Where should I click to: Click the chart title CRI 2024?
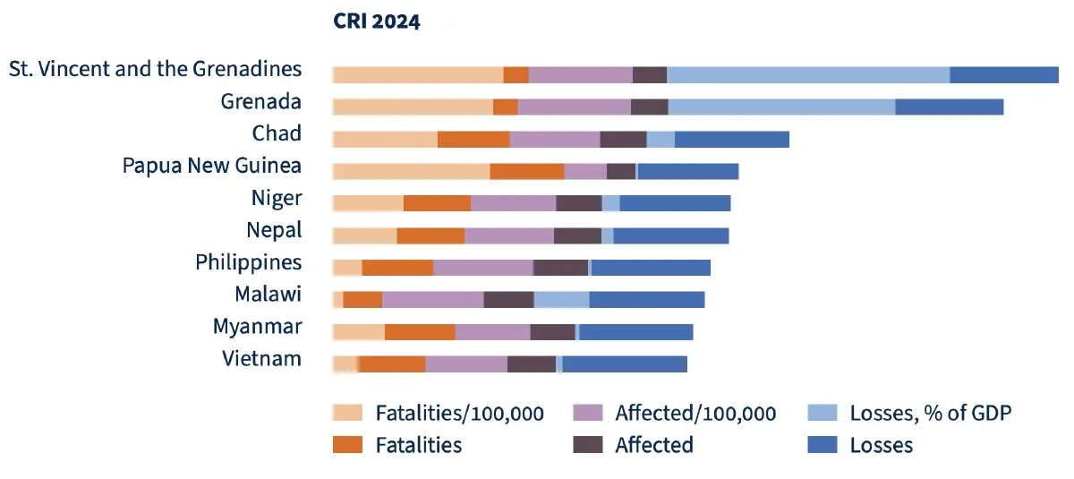(x=376, y=22)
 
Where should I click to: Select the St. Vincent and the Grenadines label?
(x=155, y=69)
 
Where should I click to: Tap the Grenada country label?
(x=260, y=101)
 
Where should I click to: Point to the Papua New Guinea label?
(x=211, y=166)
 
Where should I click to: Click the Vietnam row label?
(x=261, y=359)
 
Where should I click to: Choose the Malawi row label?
(x=268, y=295)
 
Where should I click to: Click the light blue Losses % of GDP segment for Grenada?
(x=781, y=107)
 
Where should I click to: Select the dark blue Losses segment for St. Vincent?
(x=1003, y=74)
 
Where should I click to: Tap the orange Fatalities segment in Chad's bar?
(x=473, y=139)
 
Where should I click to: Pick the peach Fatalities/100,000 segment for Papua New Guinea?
(x=411, y=171)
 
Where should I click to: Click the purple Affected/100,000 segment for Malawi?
(x=432, y=300)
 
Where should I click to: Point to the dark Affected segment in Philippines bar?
(x=560, y=268)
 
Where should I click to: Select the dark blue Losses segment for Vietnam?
(x=625, y=364)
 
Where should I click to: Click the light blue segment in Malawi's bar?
(x=561, y=300)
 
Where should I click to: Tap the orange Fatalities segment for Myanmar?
(x=420, y=332)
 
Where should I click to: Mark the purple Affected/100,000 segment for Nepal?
(x=508, y=235)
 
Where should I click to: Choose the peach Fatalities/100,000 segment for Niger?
(x=368, y=203)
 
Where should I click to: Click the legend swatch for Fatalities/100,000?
(x=347, y=413)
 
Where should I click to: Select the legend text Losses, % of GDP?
(x=931, y=413)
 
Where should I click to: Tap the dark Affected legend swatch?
(x=587, y=444)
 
